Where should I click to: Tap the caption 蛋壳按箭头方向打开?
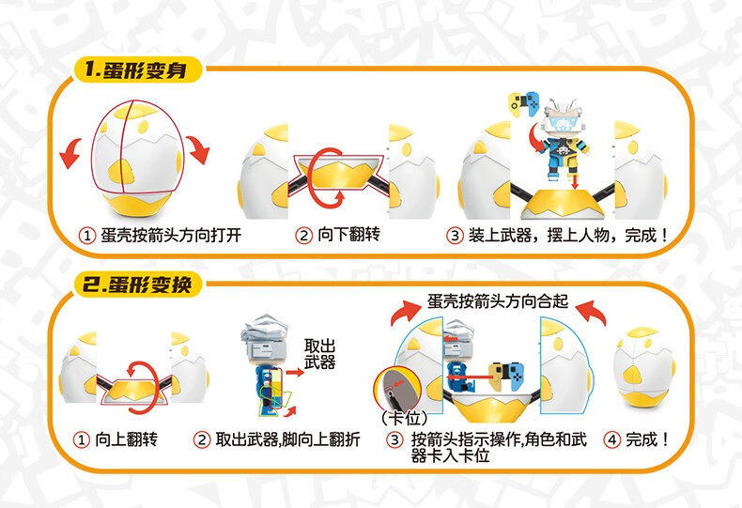(x=167, y=235)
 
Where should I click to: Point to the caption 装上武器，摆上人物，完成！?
(x=569, y=235)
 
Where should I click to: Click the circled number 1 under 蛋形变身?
(x=86, y=236)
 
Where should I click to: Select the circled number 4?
(x=613, y=439)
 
